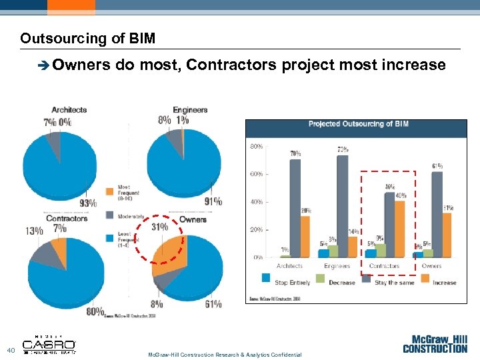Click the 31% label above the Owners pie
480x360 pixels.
tap(159, 227)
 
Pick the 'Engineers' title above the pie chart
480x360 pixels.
tap(190, 110)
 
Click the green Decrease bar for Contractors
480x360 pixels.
tap(380, 250)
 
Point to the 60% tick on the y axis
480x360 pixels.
tap(256, 174)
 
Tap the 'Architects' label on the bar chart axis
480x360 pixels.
tap(289, 266)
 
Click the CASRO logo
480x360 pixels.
tap(49, 345)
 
